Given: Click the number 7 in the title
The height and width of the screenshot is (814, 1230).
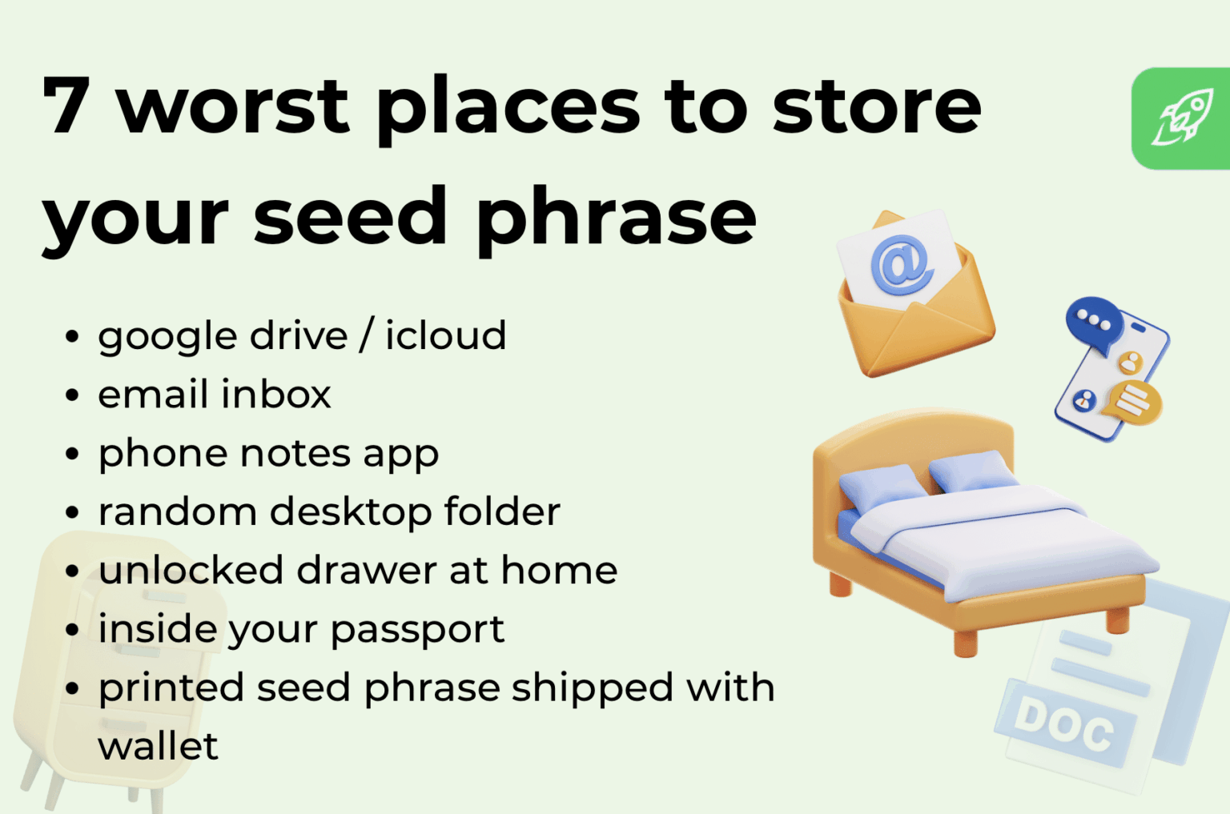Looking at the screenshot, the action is [x=66, y=105].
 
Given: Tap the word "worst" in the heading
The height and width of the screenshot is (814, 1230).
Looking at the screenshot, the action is [x=234, y=106].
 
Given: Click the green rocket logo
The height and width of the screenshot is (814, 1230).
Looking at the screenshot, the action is [x=1180, y=118].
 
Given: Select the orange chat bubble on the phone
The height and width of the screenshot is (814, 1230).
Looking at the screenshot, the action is [x=1132, y=402].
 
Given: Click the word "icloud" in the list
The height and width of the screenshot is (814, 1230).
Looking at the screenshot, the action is [x=445, y=335].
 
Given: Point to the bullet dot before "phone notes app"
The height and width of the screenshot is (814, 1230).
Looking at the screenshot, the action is [x=72, y=453].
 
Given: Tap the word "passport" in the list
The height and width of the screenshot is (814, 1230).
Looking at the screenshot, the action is [x=417, y=630].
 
